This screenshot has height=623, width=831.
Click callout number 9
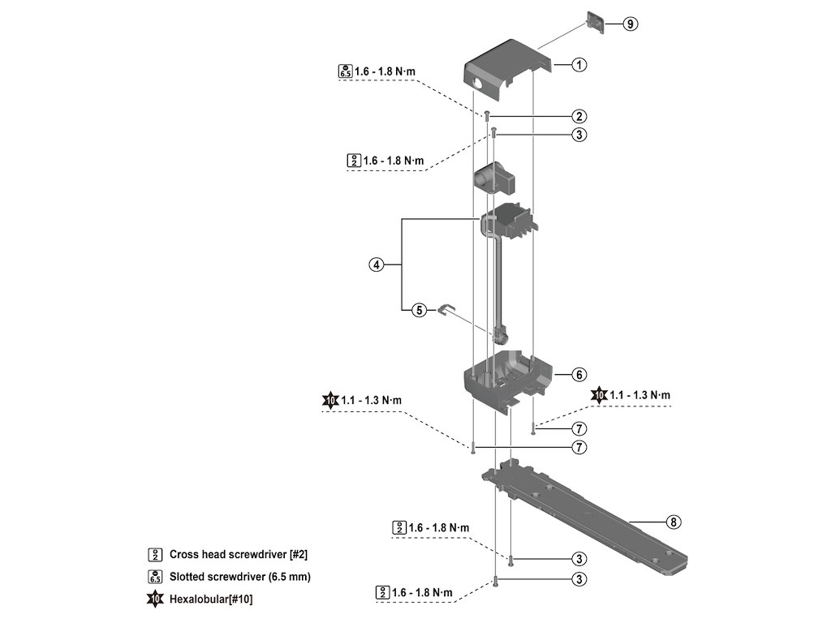(631, 24)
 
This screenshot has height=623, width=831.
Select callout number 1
(579, 64)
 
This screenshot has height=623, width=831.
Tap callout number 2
(579, 116)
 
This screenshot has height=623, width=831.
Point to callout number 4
(376, 264)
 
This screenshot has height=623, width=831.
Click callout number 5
(419, 310)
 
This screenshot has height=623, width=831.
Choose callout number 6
(579, 375)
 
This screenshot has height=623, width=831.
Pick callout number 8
(673, 522)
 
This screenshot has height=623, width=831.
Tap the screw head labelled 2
(487, 115)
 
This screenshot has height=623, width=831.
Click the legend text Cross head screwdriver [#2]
(238, 555)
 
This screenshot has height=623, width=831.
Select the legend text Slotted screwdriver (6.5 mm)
(239, 577)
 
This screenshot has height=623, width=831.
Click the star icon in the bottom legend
(154, 599)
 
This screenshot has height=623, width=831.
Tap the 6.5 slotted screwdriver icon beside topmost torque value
(345, 71)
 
